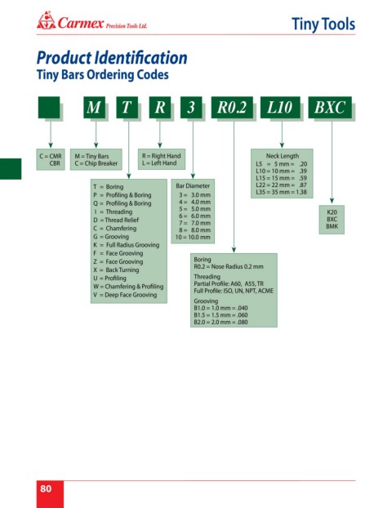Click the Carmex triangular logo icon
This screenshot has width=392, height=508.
click(46, 20)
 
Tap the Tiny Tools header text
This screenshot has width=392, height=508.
click(323, 25)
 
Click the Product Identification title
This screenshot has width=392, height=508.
click(112, 58)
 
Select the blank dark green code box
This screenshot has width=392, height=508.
click(49, 107)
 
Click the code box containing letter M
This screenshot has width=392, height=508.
click(94, 107)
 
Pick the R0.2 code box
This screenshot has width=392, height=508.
click(232, 107)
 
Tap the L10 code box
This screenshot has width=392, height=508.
click(280, 107)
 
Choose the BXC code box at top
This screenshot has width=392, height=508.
click(330, 107)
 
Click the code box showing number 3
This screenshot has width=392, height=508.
click(191, 107)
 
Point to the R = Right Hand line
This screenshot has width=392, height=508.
click(161, 156)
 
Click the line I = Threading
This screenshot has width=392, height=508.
click(113, 212)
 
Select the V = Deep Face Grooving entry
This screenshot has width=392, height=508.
click(125, 295)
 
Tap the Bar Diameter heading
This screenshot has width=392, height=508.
click(193, 186)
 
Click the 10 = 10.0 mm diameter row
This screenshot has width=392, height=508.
click(193, 237)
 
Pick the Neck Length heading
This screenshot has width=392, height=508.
click(283, 156)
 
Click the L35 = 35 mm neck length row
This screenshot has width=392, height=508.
click(281, 192)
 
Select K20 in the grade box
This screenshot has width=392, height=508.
click(332, 212)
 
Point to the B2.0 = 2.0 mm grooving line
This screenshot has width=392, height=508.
click(220, 322)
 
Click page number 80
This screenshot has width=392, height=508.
click(46, 488)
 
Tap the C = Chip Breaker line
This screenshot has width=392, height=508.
click(96, 163)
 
